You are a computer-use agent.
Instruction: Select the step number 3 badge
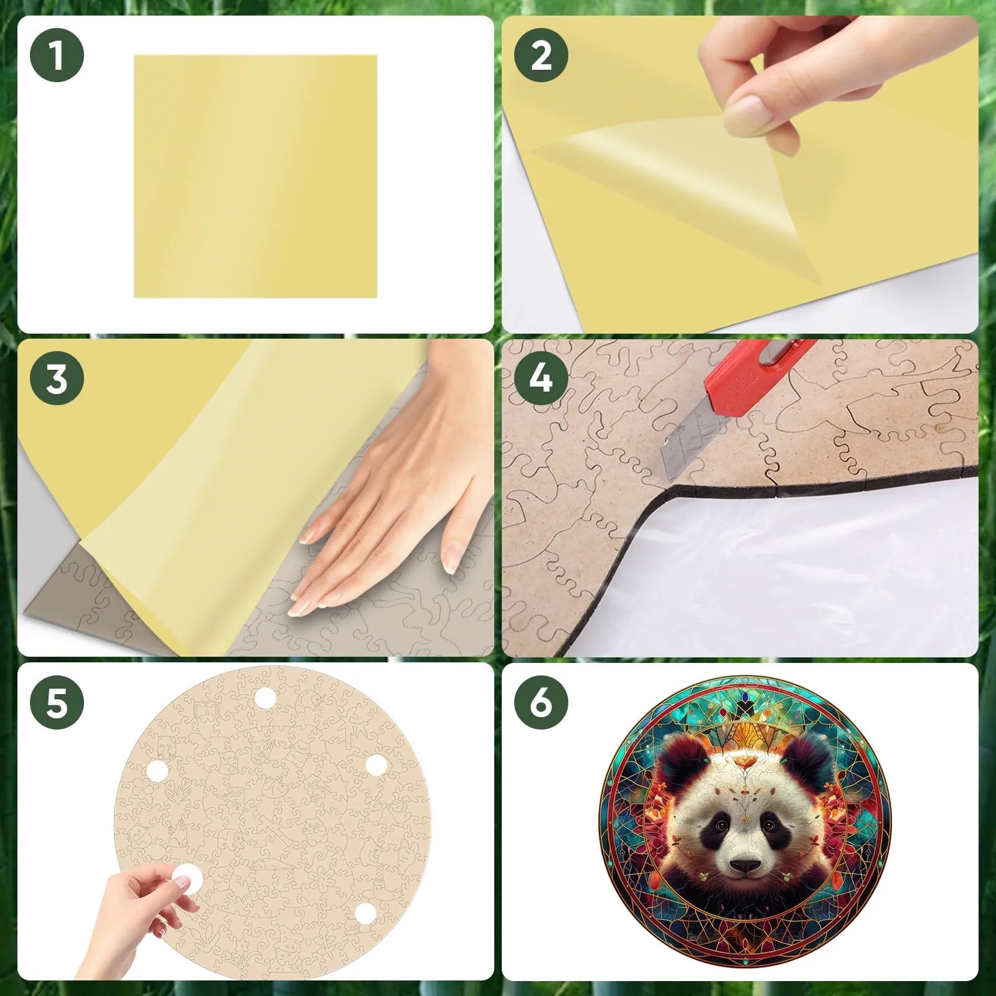57,378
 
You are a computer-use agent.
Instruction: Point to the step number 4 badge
541,378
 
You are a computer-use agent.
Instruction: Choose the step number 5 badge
57,702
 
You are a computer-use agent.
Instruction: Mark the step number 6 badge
541,702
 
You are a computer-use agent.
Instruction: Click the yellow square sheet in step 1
255,176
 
